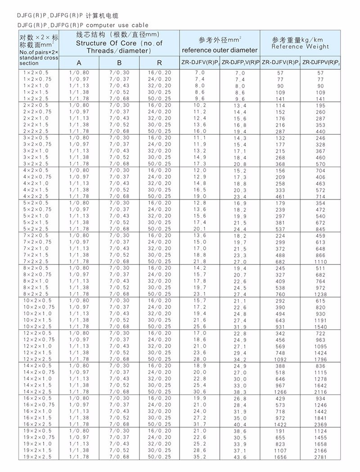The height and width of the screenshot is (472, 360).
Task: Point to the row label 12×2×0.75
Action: tap(38, 339)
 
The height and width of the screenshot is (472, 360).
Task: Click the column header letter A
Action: tap(79, 63)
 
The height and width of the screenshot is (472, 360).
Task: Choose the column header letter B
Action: tap(119, 63)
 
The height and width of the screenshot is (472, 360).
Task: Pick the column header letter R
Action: tap(160, 63)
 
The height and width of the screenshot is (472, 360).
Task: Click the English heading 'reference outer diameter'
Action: tap(220, 50)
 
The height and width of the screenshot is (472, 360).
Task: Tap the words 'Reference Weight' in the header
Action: tap(300, 46)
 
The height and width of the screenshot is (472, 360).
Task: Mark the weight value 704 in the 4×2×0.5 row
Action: tap(321, 170)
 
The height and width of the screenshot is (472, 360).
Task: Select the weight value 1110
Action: tap(321, 262)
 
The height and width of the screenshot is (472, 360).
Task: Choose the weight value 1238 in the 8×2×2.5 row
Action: tap(321, 294)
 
